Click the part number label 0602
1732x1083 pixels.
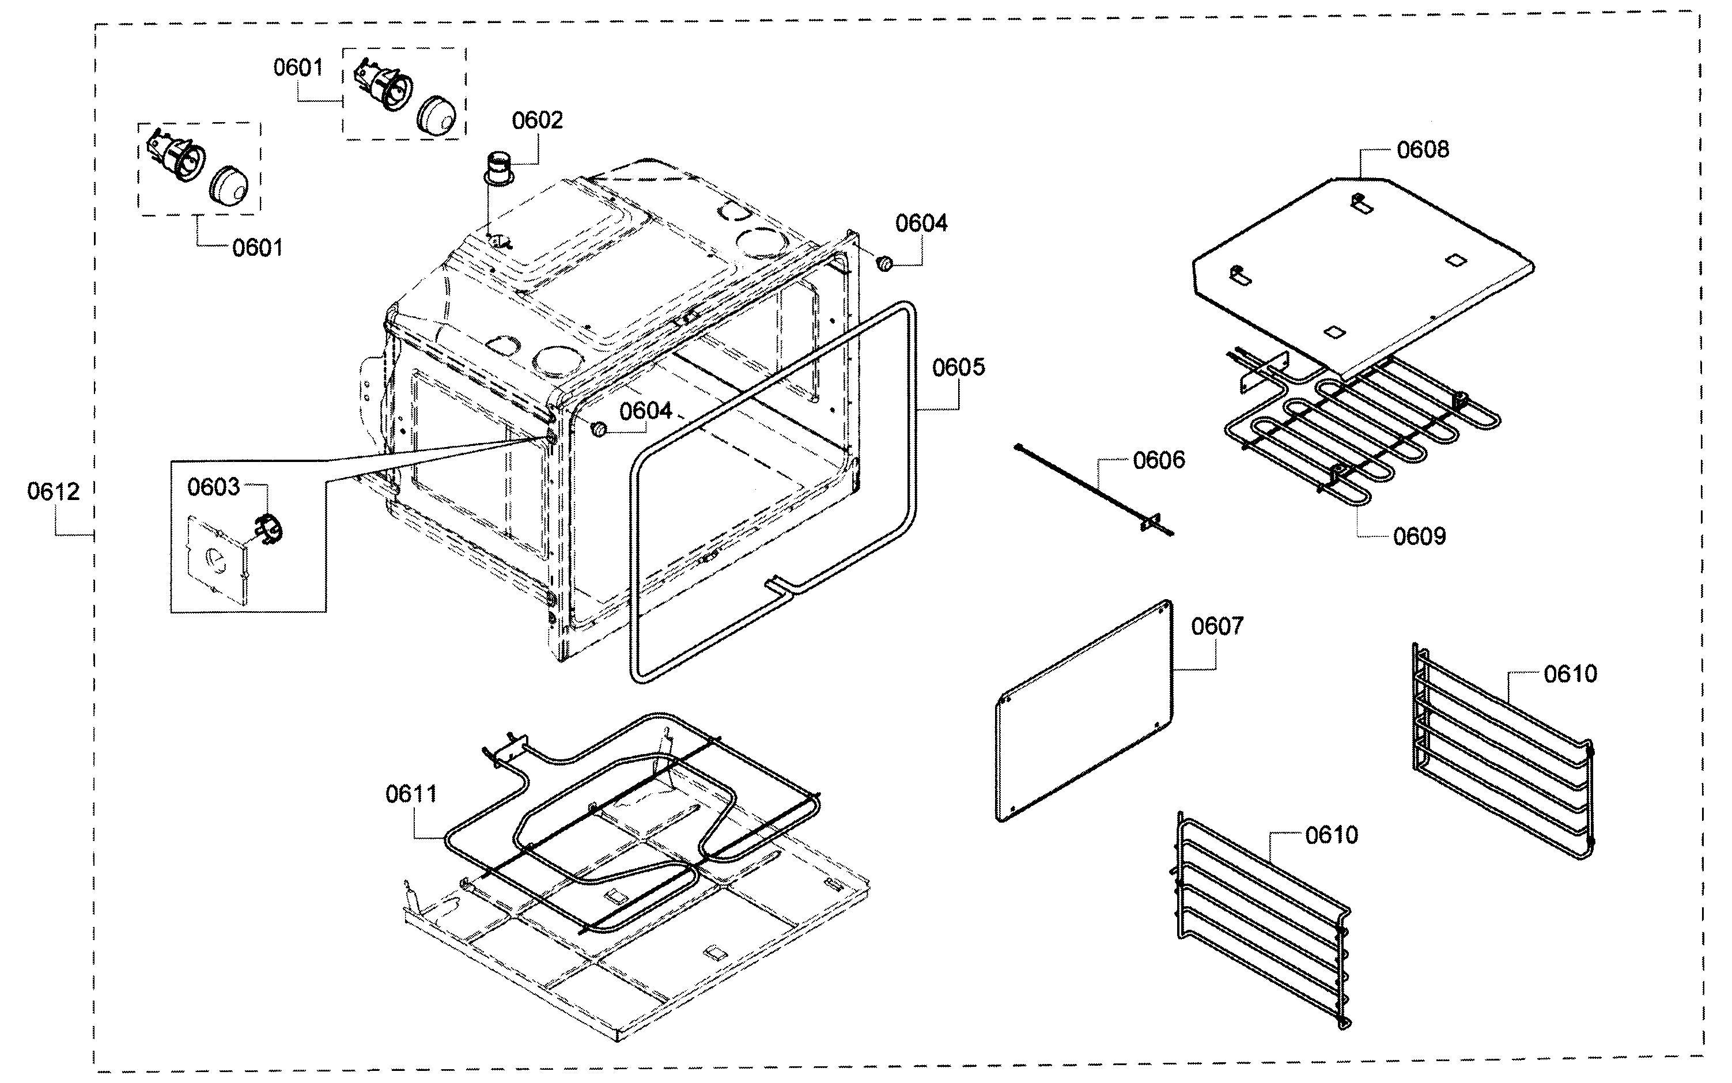coord(536,120)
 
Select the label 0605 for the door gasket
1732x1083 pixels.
coord(958,368)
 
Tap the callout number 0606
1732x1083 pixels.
coord(1158,460)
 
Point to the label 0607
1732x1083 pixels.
coord(1217,627)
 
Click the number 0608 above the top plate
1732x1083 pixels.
coord(1422,150)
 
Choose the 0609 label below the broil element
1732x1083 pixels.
coord(1419,536)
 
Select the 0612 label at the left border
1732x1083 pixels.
coord(53,492)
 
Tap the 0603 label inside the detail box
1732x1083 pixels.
coord(213,487)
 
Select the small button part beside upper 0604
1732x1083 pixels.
coord(884,264)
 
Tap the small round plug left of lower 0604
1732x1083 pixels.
coord(598,429)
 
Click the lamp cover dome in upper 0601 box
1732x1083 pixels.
coord(436,115)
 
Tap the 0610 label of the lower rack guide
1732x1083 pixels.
coord(1331,835)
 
